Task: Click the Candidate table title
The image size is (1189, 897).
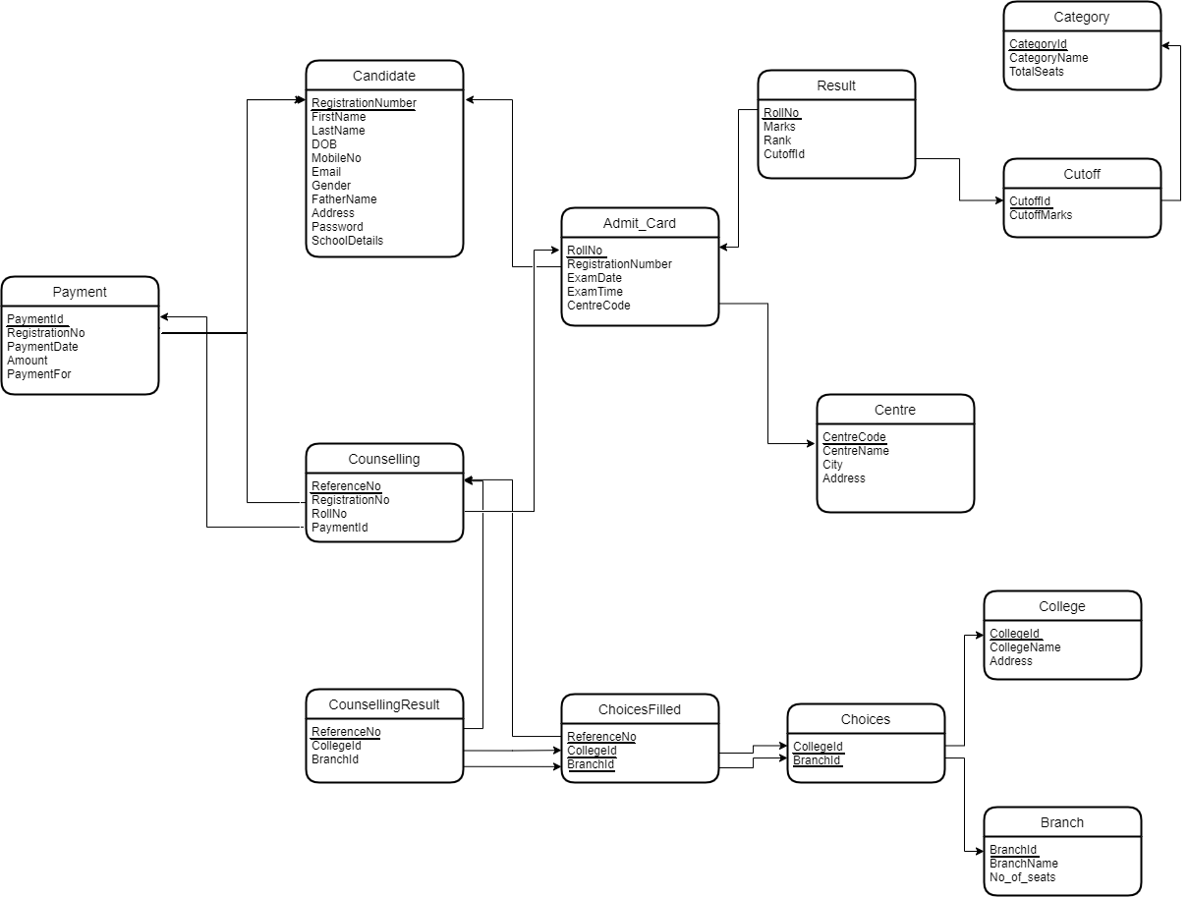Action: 384,76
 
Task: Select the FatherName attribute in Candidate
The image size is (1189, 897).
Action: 344,199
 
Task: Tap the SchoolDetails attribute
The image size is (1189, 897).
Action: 347,241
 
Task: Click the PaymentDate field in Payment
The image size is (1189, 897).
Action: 42,347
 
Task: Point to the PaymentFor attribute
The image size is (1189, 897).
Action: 39,374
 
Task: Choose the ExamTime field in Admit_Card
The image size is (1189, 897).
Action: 594,292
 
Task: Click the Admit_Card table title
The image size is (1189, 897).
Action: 640,223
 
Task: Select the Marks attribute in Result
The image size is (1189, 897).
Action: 779,127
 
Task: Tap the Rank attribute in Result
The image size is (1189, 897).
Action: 777,140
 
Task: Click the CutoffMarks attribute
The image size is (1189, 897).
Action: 1041,215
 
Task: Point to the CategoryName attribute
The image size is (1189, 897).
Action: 1048,58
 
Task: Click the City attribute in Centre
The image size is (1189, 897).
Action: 832,465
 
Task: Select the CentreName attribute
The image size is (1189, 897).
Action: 856,451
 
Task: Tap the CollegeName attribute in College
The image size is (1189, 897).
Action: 1025,647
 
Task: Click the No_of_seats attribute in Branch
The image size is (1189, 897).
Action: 1022,877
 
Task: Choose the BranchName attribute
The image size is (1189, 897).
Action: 1024,864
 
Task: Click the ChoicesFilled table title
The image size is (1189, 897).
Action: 640,709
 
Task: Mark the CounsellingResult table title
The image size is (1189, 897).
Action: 384,704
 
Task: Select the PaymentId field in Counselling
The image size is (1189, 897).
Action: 340,528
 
